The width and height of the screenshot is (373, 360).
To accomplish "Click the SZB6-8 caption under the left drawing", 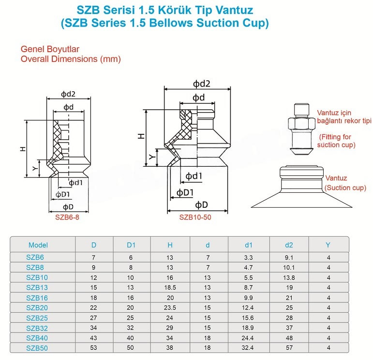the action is (x=67, y=217).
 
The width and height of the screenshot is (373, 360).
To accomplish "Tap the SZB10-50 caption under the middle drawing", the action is (x=195, y=217).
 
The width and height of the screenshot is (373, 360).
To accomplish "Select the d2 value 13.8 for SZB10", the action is (x=289, y=277).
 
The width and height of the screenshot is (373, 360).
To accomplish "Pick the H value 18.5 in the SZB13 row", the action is (x=170, y=288).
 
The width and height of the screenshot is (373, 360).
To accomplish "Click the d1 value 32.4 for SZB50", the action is (x=247, y=347).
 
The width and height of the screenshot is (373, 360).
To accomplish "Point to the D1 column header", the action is (x=131, y=245).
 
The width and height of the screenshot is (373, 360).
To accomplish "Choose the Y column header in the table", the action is (x=328, y=245).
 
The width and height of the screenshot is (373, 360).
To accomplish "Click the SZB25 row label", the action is (x=37, y=318).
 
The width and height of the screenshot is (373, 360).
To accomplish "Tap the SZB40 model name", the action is (x=37, y=338).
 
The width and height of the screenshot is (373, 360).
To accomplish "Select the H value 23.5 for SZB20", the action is (x=170, y=308).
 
